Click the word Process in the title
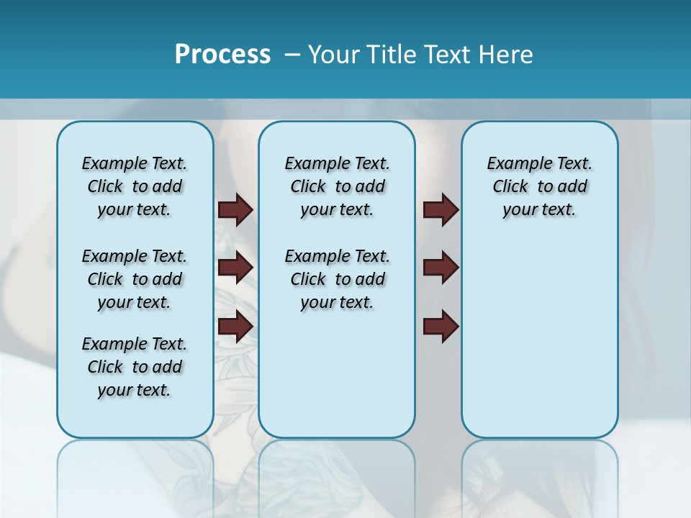222,54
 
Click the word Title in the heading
392,54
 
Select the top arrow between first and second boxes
235,209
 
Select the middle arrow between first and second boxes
235,268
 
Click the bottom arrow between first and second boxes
235,326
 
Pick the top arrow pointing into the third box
441,209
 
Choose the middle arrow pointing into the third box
441,268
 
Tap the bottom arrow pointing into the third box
441,326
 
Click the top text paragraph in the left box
135,186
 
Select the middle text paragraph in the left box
135,279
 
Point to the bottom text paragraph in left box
135,367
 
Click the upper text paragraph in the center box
338,186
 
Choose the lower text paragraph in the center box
338,279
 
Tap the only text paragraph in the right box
540,186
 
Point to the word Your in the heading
335,54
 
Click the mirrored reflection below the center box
337,475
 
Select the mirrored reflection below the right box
540,475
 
